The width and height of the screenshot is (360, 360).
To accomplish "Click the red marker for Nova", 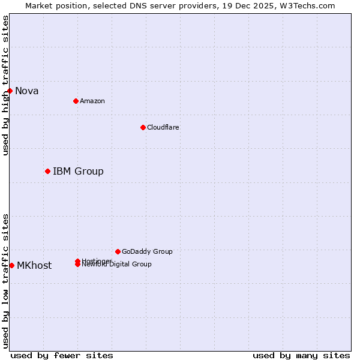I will (10, 91).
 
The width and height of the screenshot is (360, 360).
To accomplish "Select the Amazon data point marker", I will (76, 101).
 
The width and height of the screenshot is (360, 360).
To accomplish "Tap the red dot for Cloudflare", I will (143, 127).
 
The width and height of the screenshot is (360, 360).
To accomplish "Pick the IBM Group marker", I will (47, 171).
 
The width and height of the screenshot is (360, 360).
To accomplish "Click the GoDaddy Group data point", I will (118, 251).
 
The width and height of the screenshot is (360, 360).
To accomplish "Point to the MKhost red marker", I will (11, 265).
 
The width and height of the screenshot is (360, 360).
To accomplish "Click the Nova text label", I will (27, 91).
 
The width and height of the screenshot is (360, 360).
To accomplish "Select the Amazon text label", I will (92, 101).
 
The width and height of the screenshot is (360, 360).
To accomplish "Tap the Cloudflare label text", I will (163, 127).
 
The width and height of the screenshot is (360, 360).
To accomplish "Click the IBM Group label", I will (78, 172).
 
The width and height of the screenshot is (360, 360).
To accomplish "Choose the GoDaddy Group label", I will (147, 251).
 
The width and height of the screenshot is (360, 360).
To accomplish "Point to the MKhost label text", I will (34, 266).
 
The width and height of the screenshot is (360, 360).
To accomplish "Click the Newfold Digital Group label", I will (117, 265).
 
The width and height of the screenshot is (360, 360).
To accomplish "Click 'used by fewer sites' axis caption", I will (62, 355).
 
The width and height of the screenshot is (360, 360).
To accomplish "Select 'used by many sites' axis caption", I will (301, 355).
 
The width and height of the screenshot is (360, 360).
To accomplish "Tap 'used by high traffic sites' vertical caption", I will (6, 85).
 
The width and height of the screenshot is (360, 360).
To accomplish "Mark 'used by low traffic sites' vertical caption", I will (6, 281).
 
